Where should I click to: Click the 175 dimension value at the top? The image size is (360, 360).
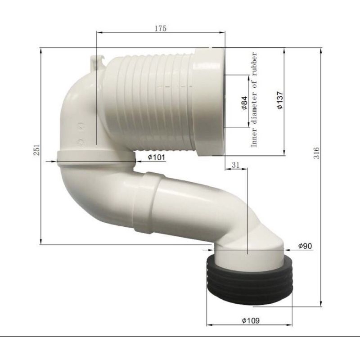click(x=160, y=28)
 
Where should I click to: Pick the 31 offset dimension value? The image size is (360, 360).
click(x=235, y=165)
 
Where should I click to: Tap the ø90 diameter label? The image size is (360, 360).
click(x=306, y=246)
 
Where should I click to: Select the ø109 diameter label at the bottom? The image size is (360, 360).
click(x=251, y=320)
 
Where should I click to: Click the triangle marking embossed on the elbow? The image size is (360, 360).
click(x=81, y=127)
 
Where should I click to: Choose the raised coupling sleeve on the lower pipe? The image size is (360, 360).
click(x=146, y=202)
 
